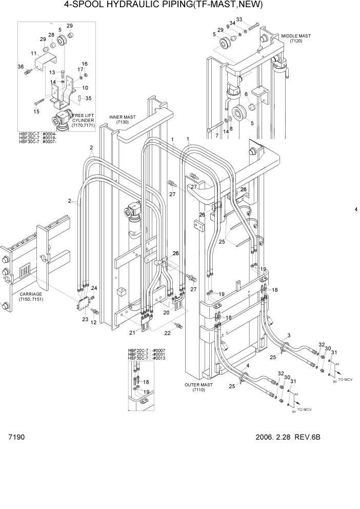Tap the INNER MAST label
coord(122,120)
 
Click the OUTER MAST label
coord(199,387)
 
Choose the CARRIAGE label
coord(27,297)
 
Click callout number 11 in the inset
coord(33,53)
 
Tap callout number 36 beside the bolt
coord(21,66)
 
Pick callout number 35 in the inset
coord(88,98)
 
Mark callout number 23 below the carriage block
coord(85,319)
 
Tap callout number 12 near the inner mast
coord(93,323)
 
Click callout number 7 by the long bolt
coord(216,135)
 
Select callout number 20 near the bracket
coord(166,312)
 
